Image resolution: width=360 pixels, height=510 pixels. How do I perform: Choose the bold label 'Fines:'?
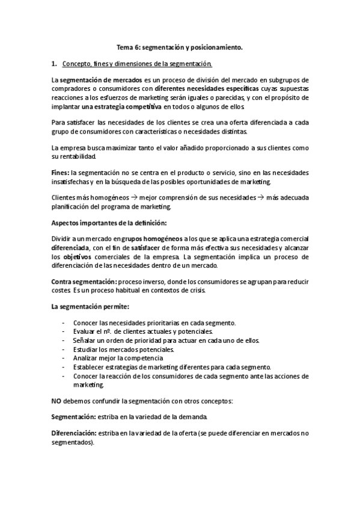[61, 171]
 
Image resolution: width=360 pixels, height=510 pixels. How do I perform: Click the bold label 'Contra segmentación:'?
[84, 282]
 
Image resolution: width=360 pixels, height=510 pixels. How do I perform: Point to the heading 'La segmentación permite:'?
[86, 307]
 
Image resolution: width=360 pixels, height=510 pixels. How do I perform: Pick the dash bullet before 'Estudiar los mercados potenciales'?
[64, 349]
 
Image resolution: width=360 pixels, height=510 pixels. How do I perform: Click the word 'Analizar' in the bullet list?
[87, 358]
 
